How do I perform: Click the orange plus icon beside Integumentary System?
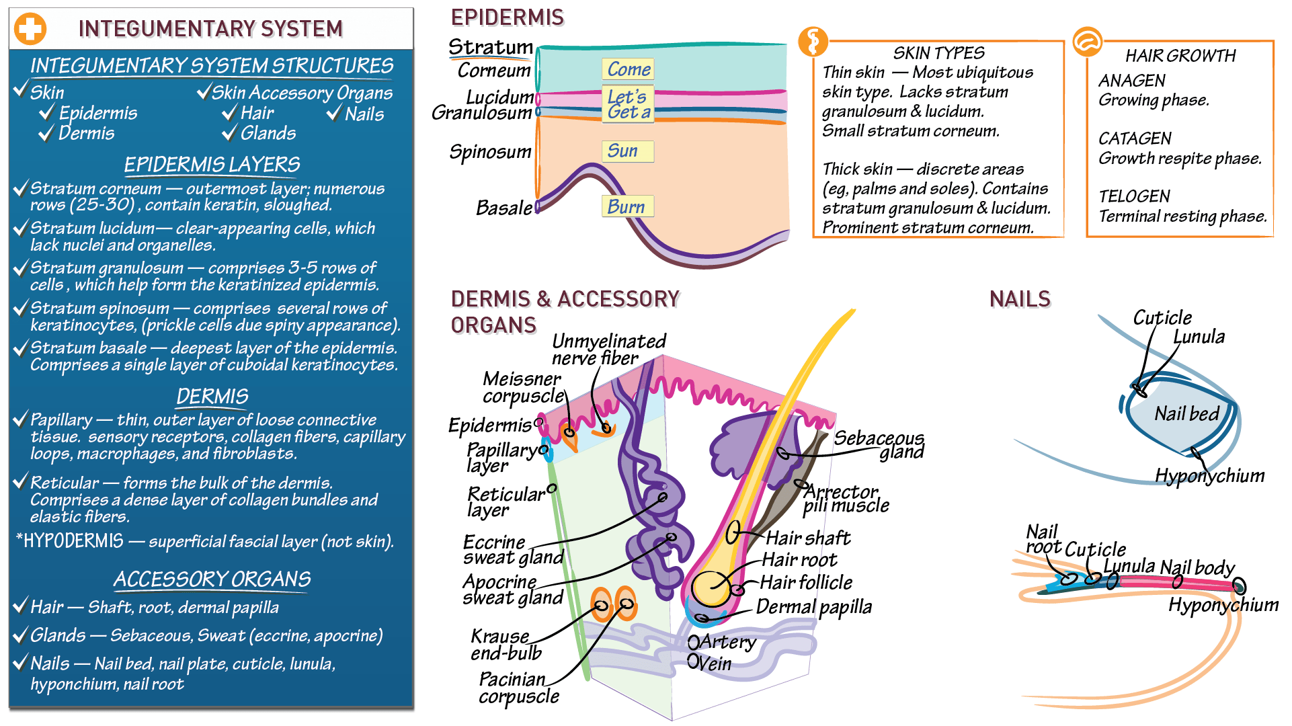click(x=30, y=29)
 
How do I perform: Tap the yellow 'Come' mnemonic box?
click(x=627, y=69)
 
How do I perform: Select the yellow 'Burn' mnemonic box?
click(x=627, y=206)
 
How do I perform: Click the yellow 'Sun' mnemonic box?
click(x=627, y=151)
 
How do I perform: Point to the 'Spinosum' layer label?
click(x=490, y=153)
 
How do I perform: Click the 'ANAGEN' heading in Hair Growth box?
click(x=1131, y=81)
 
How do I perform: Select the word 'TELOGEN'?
click(x=1134, y=196)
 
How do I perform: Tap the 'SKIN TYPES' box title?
click(x=938, y=53)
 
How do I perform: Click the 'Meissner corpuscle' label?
click(x=522, y=388)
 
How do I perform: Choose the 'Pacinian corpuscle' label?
click(x=518, y=688)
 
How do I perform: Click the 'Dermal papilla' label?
click(x=813, y=607)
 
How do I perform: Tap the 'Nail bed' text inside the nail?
click(x=1186, y=414)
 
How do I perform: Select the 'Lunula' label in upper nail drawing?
click(x=1199, y=337)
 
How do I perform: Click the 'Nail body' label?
click(x=1197, y=567)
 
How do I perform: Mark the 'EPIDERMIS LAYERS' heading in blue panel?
click(x=212, y=165)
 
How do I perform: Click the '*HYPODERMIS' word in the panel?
click(x=70, y=541)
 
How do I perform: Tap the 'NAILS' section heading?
click(x=1019, y=299)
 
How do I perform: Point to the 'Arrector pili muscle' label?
click(x=845, y=499)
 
